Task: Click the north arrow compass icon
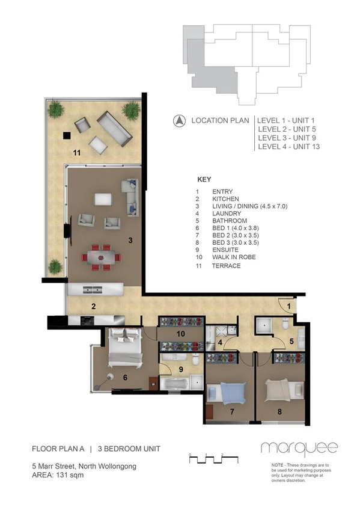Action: click(x=178, y=121)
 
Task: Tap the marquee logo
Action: click(x=299, y=448)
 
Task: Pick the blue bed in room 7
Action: click(x=228, y=395)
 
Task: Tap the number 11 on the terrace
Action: click(x=76, y=153)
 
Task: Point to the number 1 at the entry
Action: click(x=288, y=307)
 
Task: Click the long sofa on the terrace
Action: click(x=115, y=129)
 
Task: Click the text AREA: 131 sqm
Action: click(x=58, y=475)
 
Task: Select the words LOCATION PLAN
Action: click(x=220, y=121)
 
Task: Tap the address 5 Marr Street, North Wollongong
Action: click(x=84, y=466)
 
